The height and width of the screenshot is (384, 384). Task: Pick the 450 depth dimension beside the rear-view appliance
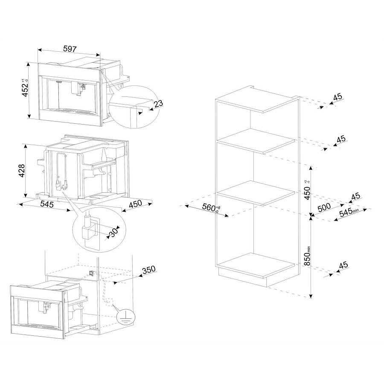tap(135, 204)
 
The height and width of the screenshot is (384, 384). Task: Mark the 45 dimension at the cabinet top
tap(338, 97)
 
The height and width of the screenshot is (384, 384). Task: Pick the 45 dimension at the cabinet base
tap(343, 265)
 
